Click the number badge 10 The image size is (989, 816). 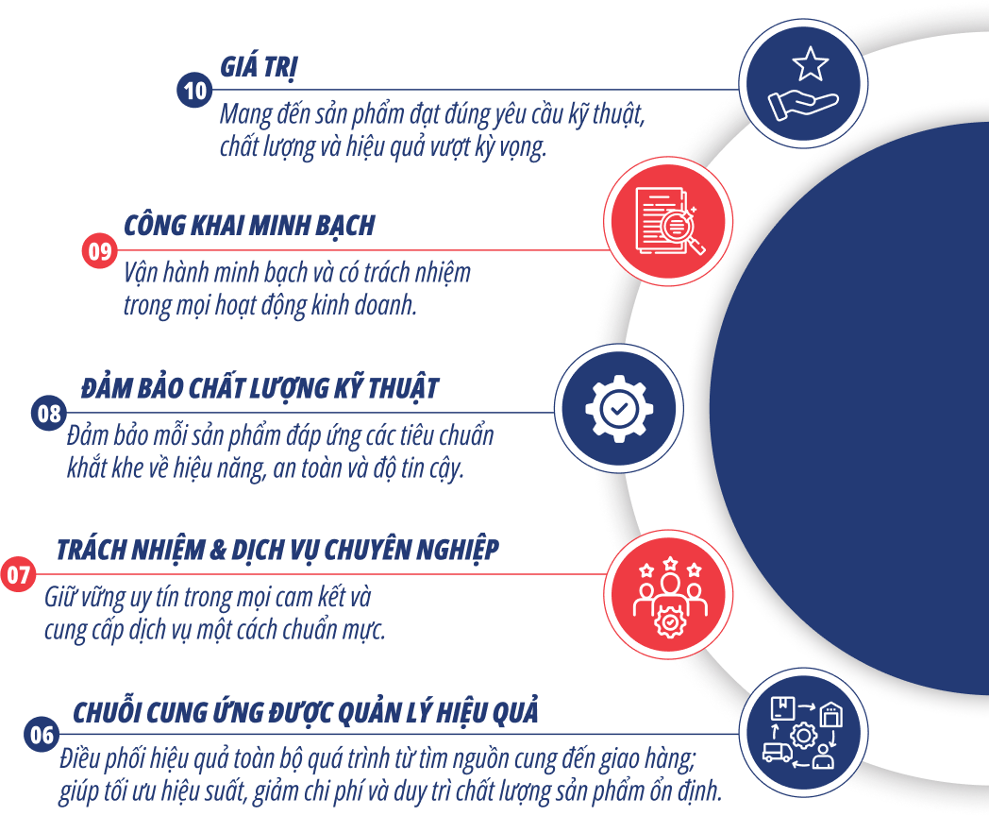194,91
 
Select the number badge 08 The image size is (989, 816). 48,413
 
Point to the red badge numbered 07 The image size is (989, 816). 18,574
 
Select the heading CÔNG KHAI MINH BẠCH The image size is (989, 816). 249,226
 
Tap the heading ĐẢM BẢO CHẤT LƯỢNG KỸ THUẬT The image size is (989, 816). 260,388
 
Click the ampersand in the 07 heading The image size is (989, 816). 216,550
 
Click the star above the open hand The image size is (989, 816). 810,65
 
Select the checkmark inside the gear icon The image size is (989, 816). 618,409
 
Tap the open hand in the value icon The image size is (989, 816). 801,105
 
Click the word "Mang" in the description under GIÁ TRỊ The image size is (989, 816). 243,115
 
